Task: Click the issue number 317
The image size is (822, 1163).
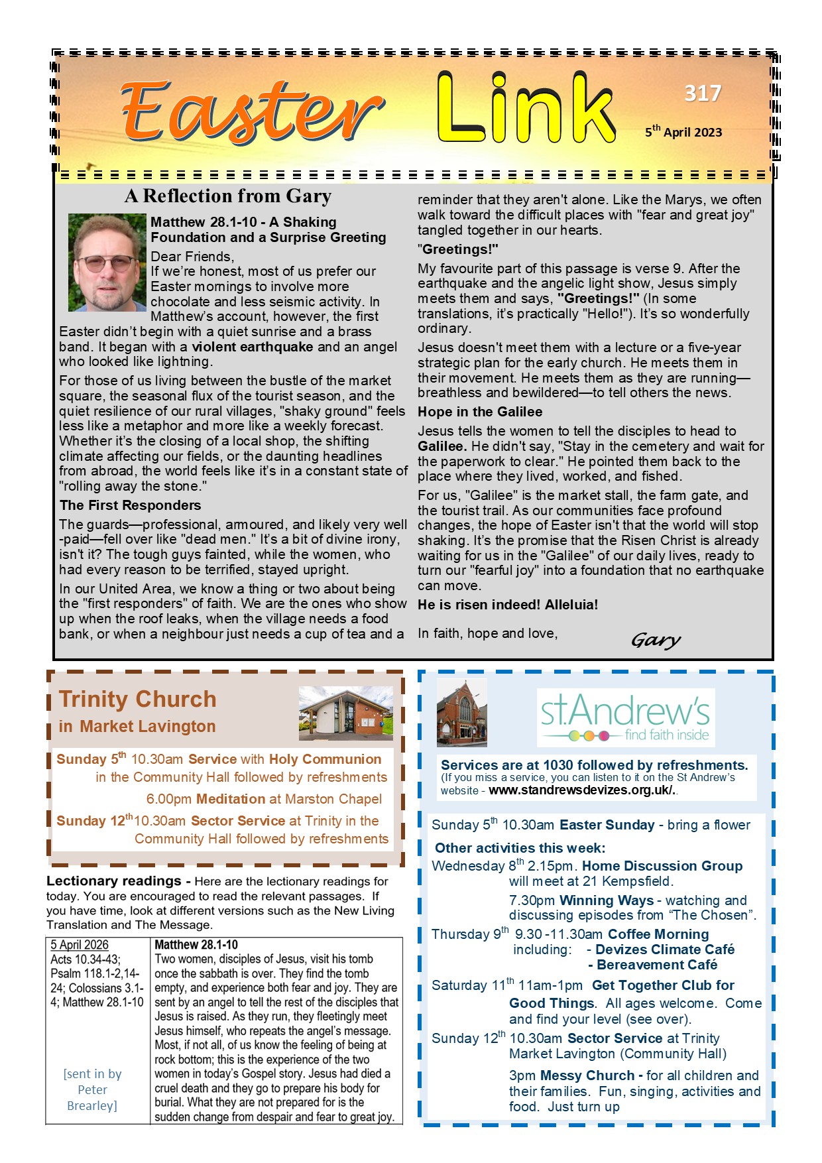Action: pyautogui.click(x=702, y=93)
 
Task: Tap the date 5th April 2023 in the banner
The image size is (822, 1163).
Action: pyautogui.click(x=683, y=131)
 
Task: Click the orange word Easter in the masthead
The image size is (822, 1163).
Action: pyautogui.click(x=252, y=111)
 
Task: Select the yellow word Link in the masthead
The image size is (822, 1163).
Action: pyautogui.click(x=525, y=109)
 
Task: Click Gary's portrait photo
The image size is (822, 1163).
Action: pyautogui.click(x=107, y=263)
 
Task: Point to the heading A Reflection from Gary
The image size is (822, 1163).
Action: pyautogui.click(x=227, y=196)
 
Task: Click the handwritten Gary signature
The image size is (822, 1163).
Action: pyautogui.click(x=656, y=640)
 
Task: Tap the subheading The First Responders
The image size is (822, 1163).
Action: pyautogui.click(x=130, y=505)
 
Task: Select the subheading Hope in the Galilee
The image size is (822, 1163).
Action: pyautogui.click(x=479, y=412)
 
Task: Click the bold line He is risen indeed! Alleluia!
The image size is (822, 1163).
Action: pyautogui.click(x=507, y=605)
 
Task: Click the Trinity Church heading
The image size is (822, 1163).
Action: pyautogui.click(x=137, y=699)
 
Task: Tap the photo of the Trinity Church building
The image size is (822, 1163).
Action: pyautogui.click(x=345, y=713)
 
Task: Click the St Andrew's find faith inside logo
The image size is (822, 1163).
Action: pyautogui.click(x=625, y=717)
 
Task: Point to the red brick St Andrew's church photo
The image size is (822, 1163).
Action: pyautogui.click(x=462, y=713)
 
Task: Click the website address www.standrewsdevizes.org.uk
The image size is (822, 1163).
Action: pyautogui.click(x=582, y=790)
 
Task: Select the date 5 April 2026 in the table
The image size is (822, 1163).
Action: pyautogui.click(x=80, y=945)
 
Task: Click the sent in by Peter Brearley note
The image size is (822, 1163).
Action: pyautogui.click(x=92, y=1089)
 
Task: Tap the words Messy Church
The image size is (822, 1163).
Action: pyautogui.click(x=587, y=1075)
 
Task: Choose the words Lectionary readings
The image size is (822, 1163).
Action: pyautogui.click(x=113, y=881)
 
